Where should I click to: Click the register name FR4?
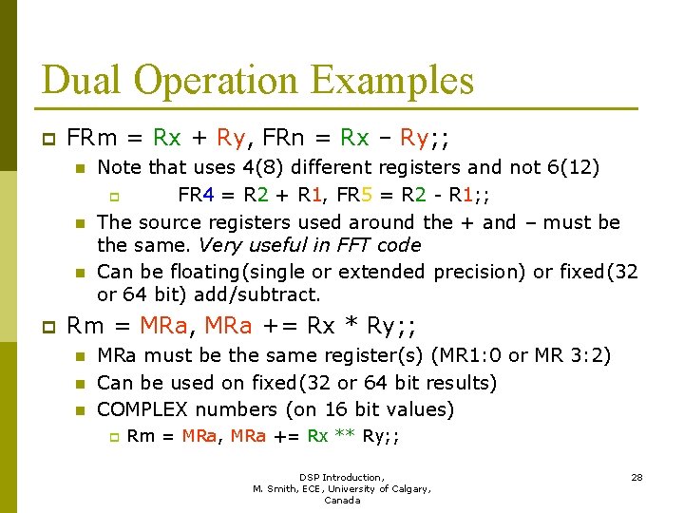click(x=196, y=196)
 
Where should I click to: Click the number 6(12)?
click(x=573, y=168)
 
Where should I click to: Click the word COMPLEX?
click(x=143, y=409)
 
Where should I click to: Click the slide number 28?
click(x=636, y=477)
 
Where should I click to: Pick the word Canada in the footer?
click(x=342, y=501)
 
